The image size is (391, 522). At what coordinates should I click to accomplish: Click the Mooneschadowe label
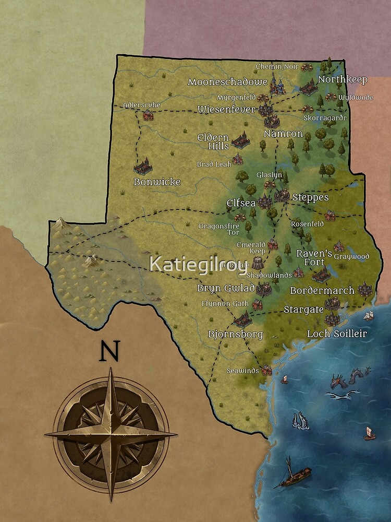[228, 82]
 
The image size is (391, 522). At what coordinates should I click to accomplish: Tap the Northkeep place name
[343, 80]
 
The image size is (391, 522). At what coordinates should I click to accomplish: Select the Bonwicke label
[157, 182]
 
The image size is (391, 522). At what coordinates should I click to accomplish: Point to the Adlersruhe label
[142, 105]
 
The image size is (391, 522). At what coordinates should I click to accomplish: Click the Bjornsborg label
[235, 334]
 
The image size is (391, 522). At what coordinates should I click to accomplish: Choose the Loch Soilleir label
[337, 334]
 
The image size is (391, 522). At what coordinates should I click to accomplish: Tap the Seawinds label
[242, 371]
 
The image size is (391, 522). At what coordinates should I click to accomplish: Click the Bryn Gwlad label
[226, 288]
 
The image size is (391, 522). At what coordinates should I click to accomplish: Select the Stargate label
[303, 310]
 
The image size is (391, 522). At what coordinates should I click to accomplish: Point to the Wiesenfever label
[226, 110]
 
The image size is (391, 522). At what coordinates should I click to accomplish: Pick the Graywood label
[351, 257]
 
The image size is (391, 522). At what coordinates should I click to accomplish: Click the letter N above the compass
[109, 351]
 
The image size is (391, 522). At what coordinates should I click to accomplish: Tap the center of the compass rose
[111, 433]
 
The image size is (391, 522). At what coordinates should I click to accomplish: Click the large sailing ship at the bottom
[295, 474]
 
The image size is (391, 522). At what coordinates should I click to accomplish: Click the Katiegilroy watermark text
[198, 264]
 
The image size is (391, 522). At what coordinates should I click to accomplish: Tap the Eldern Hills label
[214, 141]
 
